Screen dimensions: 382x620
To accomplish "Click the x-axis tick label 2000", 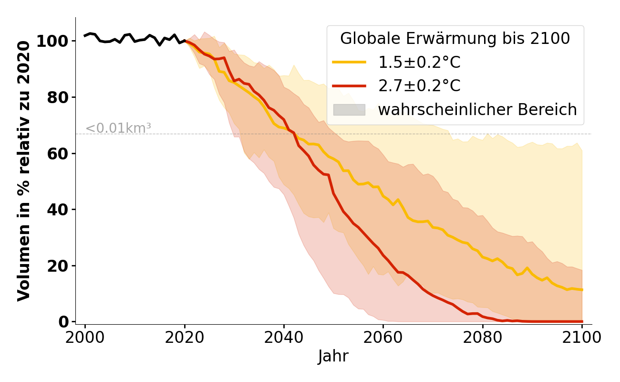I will coord(85,338).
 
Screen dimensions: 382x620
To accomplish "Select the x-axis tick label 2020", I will coord(185,338).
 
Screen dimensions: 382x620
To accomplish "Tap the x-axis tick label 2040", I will coord(284,338).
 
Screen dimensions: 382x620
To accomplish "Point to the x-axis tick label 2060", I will coord(383,338).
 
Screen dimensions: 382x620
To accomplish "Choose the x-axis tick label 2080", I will coord(483,338).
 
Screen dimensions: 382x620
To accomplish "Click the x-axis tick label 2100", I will coord(582,338).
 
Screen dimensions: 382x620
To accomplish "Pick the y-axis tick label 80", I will coord(58,97).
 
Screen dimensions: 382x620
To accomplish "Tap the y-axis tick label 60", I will coord(58,153).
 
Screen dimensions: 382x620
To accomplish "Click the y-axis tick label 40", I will coord(58,210).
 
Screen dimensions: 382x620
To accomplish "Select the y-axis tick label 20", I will coord(58,265).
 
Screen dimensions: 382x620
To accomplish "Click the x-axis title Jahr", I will coord(333,357).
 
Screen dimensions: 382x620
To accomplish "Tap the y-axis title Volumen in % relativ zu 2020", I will coord(24,171).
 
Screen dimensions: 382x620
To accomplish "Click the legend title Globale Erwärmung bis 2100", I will coord(455,39).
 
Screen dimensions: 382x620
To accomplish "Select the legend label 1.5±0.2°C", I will coord(419,63).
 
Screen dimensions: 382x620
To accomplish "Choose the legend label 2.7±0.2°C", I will coord(419,86).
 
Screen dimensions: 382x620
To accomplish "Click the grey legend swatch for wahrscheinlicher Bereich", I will coord(349,110).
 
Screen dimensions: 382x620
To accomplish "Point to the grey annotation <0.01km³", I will coord(118,128).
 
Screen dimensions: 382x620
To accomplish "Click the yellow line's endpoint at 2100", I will coord(582,289).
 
